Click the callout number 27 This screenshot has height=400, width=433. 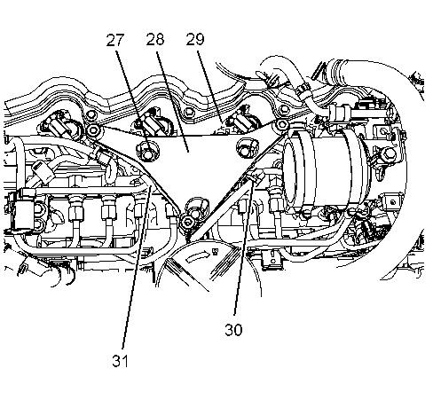[114, 40]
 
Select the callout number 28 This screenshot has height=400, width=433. [155, 39]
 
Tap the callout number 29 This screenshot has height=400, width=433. [195, 39]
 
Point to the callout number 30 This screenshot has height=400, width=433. [233, 330]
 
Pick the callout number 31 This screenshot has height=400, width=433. [120, 361]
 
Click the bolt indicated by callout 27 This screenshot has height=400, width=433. [147, 152]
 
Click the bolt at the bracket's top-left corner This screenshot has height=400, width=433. [94, 129]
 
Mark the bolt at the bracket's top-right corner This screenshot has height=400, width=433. [280, 125]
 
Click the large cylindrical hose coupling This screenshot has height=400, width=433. [326, 169]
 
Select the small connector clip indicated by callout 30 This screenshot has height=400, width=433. [256, 176]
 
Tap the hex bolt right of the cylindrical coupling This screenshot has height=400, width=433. [389, 154]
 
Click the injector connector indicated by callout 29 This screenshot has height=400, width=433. [239, 122]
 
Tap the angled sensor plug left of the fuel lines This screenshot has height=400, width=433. [43, 173]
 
